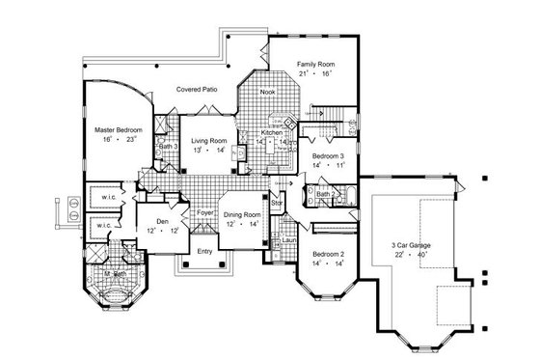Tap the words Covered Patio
[x=196, y=89]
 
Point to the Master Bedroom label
[x=119, y=127]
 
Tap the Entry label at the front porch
[x=204, y=252]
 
